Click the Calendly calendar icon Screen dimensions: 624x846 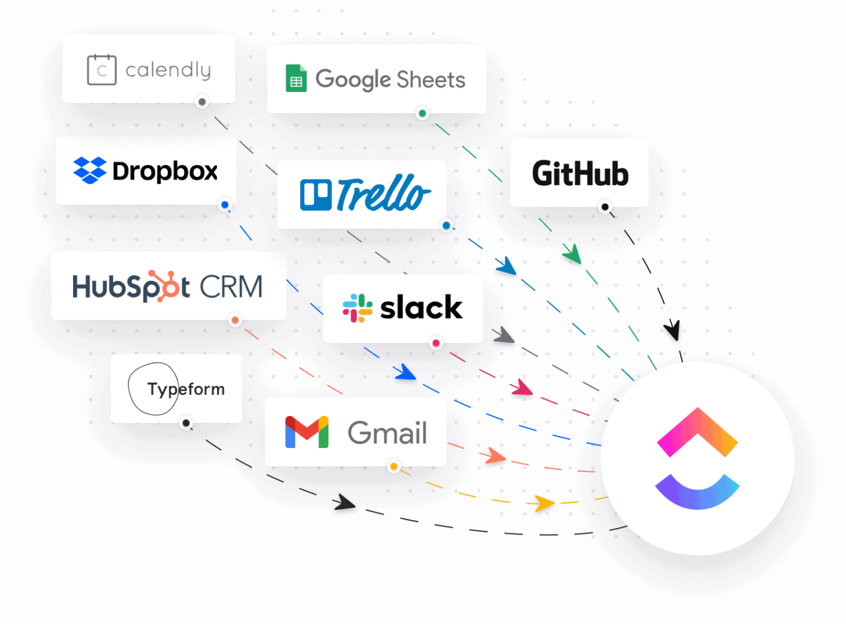(102, 70)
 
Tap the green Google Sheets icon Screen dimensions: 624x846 (296, 79)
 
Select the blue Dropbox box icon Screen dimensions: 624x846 (89, 171)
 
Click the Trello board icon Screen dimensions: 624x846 (315, 195)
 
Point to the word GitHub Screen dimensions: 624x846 (580, 174)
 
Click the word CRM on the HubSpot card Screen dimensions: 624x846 (231, 287)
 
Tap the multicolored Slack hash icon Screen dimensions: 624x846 (358, 308)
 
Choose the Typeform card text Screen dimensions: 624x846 (186, 389)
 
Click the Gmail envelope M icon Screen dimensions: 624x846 (307, 432)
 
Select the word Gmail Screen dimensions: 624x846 (387, 433)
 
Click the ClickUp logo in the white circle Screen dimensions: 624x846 (697, 458)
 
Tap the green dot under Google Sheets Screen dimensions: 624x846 (422, 114)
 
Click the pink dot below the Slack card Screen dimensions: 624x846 (436, 344)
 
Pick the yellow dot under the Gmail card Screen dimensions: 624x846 (394, 467)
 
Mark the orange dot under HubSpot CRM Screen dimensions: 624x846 (235, 320)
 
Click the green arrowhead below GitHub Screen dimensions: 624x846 (572, 255)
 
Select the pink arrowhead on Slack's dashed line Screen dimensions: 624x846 (521, 388)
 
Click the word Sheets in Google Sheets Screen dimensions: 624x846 (431, 80)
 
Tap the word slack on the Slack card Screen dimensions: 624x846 (421, 308)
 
